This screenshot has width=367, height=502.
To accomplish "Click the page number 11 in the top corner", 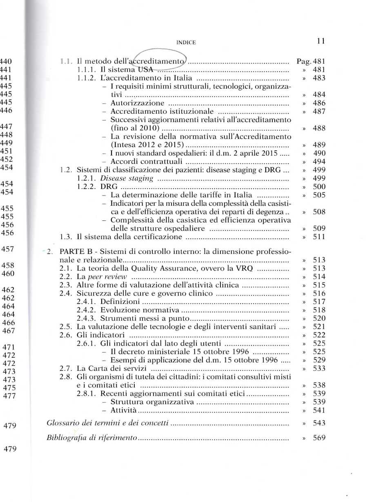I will click(320, 41).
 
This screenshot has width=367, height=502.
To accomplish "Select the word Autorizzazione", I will click(137, 103).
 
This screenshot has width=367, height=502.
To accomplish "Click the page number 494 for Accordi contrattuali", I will click(319, 161).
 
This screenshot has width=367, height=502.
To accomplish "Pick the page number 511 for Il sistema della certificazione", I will click(319, 236).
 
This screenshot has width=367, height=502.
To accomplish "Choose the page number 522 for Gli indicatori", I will click(319, 335).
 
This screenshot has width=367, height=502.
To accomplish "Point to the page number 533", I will click(319, 368).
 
